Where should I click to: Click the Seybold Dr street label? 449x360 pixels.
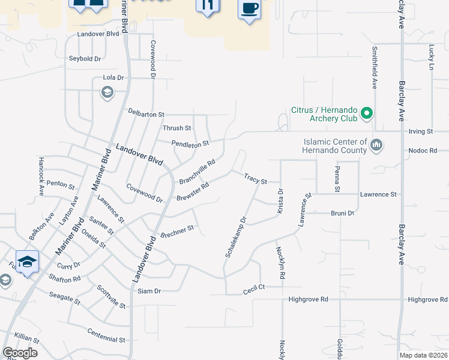(x=85, y=59)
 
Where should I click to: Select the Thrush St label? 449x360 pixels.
(x=176, y=128)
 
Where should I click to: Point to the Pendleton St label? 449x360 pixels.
(x=190, y=143)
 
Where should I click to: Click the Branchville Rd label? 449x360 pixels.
(x=197, y=172)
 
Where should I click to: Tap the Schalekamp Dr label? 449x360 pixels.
(x=236, y=238)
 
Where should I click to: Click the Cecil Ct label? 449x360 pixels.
(x=254, y=289)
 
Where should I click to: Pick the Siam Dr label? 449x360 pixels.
(x=149, y=291)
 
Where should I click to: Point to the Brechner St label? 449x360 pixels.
(x=178, y=231)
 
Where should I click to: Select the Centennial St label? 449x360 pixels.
(x=106, y=335)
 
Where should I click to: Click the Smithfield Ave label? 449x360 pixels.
(x=375, y=68)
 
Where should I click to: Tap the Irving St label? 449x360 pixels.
(x=421, y=131)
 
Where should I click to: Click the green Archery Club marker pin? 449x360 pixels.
(x=367, y=113)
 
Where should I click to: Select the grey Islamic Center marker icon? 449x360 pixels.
(x=377, y=145)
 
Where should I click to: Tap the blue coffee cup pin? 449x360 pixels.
(x=249, y=10)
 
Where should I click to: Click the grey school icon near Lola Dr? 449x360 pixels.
(x=107, y=92)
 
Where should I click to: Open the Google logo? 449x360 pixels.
(x=20, y=353)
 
